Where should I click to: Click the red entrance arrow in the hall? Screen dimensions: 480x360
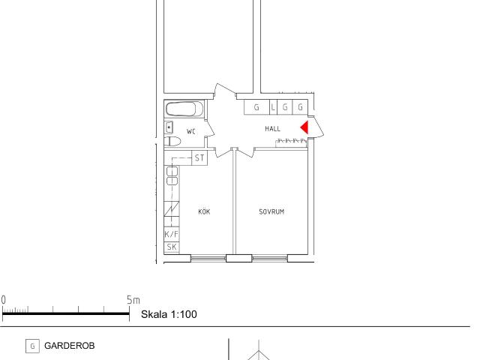pyautogui.click(x=305, y=127)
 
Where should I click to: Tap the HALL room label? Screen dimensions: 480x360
pyautogui.click(x=272, y=128)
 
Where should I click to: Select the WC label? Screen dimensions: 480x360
pyautogui.click(x=191, y=132)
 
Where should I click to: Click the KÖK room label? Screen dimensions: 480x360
pyautogui.click(x=204, y=211)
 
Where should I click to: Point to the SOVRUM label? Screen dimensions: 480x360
pyautogui.click(x=271, y=211)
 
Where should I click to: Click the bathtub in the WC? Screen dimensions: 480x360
pyautogui.click(x=184, y=109)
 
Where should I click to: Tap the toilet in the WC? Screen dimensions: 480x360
pyautogui.click(x=172, y=142)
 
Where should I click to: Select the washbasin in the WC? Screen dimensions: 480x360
pyautogui.click(x=169, y=127)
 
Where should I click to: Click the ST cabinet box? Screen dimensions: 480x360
pyautogui.click(x=199, y=158)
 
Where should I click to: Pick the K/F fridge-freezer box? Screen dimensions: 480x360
pyautogui.click(x=172, y=235)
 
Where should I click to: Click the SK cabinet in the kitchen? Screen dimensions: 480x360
pyautogui.click(x=172, y=247)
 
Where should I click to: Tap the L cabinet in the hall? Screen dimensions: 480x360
pyautogui.click(x=273, y=107)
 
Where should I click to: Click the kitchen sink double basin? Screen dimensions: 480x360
pyautogui.click(x=172, y=176)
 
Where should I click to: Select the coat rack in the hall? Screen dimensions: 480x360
pyautogui.click(x=291, y=142)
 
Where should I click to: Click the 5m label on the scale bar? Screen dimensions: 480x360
pyautogui.click(x=133, y=300)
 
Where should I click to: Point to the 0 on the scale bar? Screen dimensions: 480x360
pyautogui.click(x=3, y=300)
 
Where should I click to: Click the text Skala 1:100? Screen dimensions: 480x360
pyautogui.click(x=169, y=314)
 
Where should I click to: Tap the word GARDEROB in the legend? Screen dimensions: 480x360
pyautogui.click(x=70, y=346)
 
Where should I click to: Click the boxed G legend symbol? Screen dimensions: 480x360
pyautogui.click(x=32, y=346)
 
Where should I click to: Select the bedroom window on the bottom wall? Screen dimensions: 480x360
pyautogui.click(x=270, y=259)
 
